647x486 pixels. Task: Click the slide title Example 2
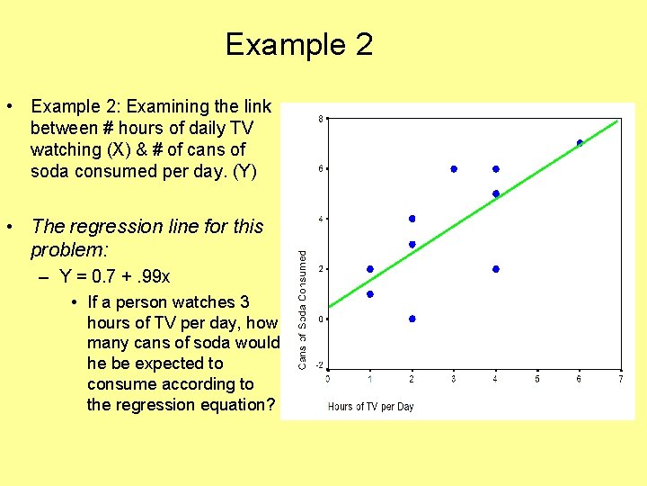(298, 44)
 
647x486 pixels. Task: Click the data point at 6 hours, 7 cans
(580, 143)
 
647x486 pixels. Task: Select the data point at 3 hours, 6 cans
(454, 168)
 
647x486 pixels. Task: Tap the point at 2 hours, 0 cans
(412, 319)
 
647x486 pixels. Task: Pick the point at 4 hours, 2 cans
(496, 269)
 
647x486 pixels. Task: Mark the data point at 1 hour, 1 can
(370, 294)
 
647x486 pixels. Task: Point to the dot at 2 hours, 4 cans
(412, 219)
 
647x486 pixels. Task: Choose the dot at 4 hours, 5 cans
(496, 193)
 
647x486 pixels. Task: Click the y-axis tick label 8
(320, 119)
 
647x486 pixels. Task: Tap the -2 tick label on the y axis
(319, 365)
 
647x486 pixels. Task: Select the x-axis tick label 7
(621, 379)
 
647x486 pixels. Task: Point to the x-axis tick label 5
(537, 379)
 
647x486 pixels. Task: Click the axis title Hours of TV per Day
(370, 407)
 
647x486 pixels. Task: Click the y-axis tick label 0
(320, 319)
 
